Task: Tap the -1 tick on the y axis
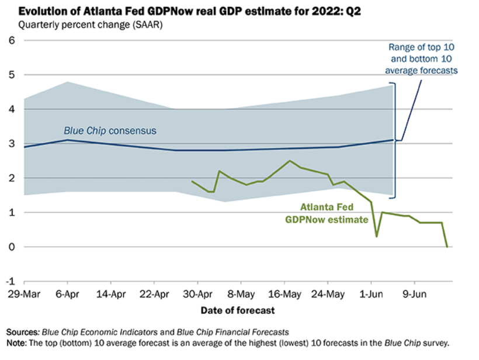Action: pos(9,281)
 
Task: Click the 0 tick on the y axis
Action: pos(11,247)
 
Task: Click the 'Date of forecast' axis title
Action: pos(238,310)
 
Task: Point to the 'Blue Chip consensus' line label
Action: pos(110,130)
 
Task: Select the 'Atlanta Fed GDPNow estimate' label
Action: pos(327,213)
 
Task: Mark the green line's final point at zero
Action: pos(447,247)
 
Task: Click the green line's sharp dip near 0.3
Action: pos(377,236)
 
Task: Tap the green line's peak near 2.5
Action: pos(290,161)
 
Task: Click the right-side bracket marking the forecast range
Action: pos(395,140)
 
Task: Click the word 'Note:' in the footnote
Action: pos(17,342)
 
